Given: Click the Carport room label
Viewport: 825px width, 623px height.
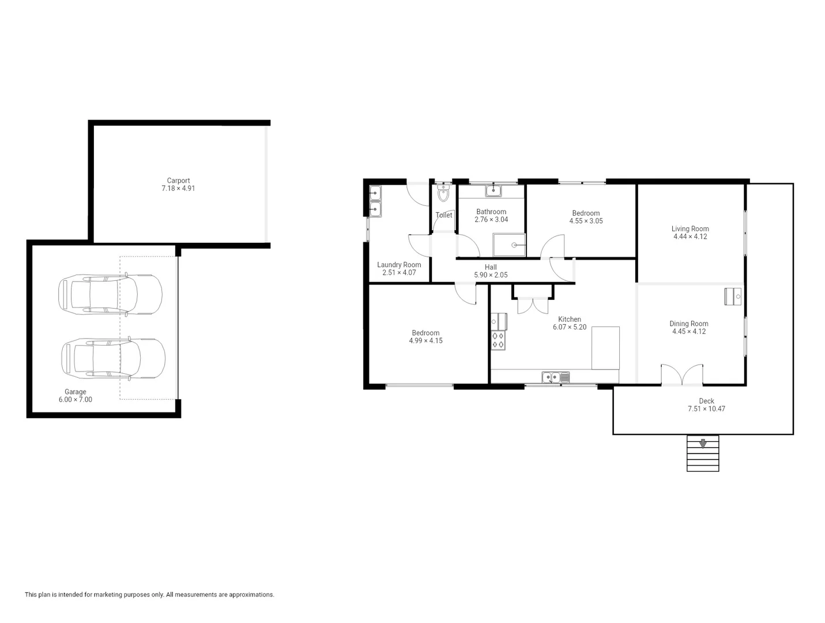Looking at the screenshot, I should click(178, 181).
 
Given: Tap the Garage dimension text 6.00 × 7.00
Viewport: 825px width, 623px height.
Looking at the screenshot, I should click(75, 400).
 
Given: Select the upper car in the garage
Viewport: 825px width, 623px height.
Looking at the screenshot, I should click(110, 294).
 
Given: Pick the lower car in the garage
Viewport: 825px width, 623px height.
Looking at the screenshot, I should click(113, 358).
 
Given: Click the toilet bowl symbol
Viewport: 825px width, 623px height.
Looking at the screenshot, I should click(443, 194).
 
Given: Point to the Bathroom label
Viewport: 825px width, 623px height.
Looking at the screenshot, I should click(491, 212).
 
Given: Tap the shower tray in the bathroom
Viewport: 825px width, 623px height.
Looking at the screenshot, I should click(509, 245).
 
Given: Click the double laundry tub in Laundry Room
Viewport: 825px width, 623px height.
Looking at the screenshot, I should click(375, 201).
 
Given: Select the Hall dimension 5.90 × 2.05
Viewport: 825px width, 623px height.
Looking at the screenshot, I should click(491, 275).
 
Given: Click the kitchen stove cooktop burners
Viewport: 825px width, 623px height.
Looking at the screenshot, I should click(498, 340).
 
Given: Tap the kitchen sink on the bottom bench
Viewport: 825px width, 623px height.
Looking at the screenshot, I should click(555, 378).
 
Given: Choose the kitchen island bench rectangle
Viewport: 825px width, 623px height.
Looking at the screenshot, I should click(605, 348).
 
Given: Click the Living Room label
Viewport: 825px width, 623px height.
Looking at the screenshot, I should click(690, 228).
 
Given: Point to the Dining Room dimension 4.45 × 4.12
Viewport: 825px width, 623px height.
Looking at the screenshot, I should click(689, 332).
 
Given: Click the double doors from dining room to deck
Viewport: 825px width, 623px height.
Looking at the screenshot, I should click(682, 375).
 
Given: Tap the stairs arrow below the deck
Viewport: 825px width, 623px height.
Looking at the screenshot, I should click(703, 444).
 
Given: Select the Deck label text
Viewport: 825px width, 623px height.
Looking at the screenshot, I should click(706, 401).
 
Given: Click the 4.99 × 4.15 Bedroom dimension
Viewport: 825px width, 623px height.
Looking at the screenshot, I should click(425, 341).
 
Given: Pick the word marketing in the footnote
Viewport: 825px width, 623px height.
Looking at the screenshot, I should click(119, 595).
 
